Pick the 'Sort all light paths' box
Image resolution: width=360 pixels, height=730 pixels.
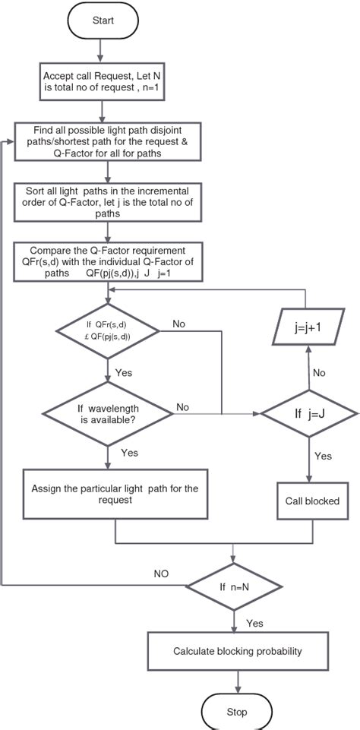101,201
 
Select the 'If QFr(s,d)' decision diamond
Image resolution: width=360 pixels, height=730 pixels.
106,331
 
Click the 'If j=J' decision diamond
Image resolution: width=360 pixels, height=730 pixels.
308,415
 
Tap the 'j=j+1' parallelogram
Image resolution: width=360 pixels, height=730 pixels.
309,330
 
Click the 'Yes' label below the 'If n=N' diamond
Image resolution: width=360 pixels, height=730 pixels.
255,623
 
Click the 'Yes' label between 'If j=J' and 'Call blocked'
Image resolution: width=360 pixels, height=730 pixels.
324,457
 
